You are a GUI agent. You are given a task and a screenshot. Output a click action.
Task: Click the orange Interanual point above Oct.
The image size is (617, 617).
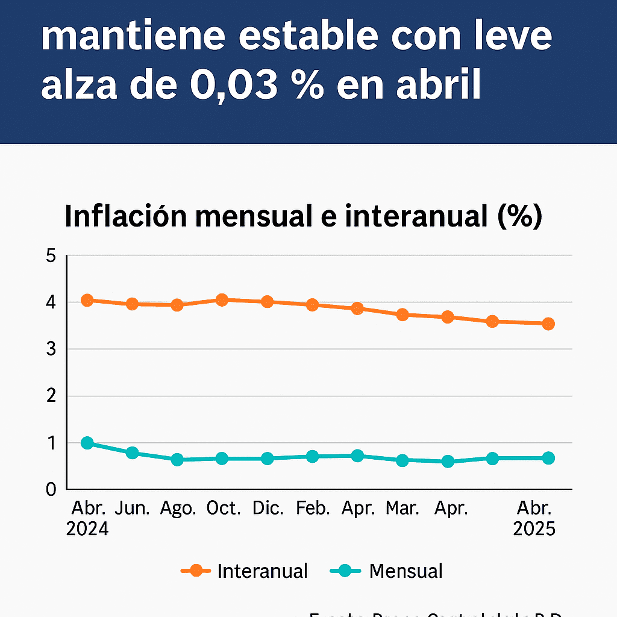222,299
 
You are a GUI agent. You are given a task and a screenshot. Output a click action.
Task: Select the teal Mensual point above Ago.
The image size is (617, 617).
177,460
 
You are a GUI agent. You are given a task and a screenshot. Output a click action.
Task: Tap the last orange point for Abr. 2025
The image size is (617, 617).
548,324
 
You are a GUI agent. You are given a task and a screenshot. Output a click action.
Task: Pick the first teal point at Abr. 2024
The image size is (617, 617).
87,443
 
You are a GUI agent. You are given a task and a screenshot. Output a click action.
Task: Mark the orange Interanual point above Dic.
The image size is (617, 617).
268,302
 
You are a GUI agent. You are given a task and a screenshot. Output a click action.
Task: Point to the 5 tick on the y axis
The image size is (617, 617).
51,255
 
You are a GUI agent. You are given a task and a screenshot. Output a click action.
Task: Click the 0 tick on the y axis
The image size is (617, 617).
51,489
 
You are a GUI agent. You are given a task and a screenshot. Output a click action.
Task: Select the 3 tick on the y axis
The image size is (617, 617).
51,349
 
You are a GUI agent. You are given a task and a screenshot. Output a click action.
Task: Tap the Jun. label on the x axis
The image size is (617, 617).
133,509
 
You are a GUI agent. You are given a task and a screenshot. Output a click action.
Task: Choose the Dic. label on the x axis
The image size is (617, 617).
268,509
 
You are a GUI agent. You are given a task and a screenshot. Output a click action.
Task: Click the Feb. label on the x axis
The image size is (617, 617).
313,509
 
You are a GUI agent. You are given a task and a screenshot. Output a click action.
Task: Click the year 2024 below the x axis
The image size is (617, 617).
87,529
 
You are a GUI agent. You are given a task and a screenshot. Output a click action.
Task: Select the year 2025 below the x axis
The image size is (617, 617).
534,529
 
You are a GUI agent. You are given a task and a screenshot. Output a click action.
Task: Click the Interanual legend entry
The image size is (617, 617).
262,571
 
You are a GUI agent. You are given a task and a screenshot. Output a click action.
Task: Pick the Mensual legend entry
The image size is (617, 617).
406,571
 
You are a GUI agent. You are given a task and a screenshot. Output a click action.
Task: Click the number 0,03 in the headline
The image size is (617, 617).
231,86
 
